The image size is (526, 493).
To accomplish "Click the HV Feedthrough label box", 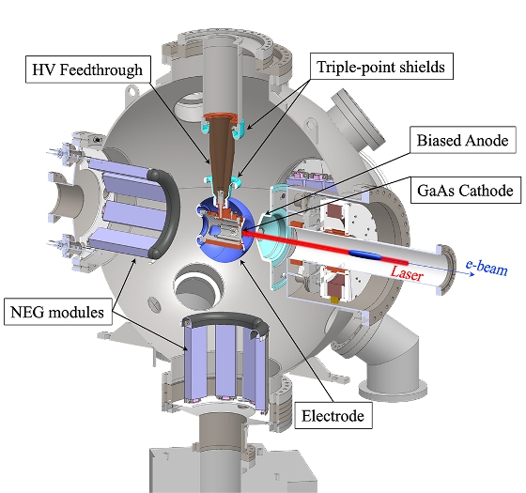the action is [x=88, y=69].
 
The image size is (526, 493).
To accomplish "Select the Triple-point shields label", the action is [x=381, y=67].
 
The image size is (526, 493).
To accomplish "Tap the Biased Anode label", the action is [x=462, y=140].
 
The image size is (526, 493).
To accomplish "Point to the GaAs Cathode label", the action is [x=465, y=190].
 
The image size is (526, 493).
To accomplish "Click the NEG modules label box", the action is [x=57, y=312].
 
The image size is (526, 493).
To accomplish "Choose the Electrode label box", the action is [x=333, y=416].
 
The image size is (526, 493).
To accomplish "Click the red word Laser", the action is [x=406, y=273].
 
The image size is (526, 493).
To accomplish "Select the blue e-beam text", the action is [x=487, y=268].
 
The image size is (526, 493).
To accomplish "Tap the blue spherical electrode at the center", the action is [x=225, y=230].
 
